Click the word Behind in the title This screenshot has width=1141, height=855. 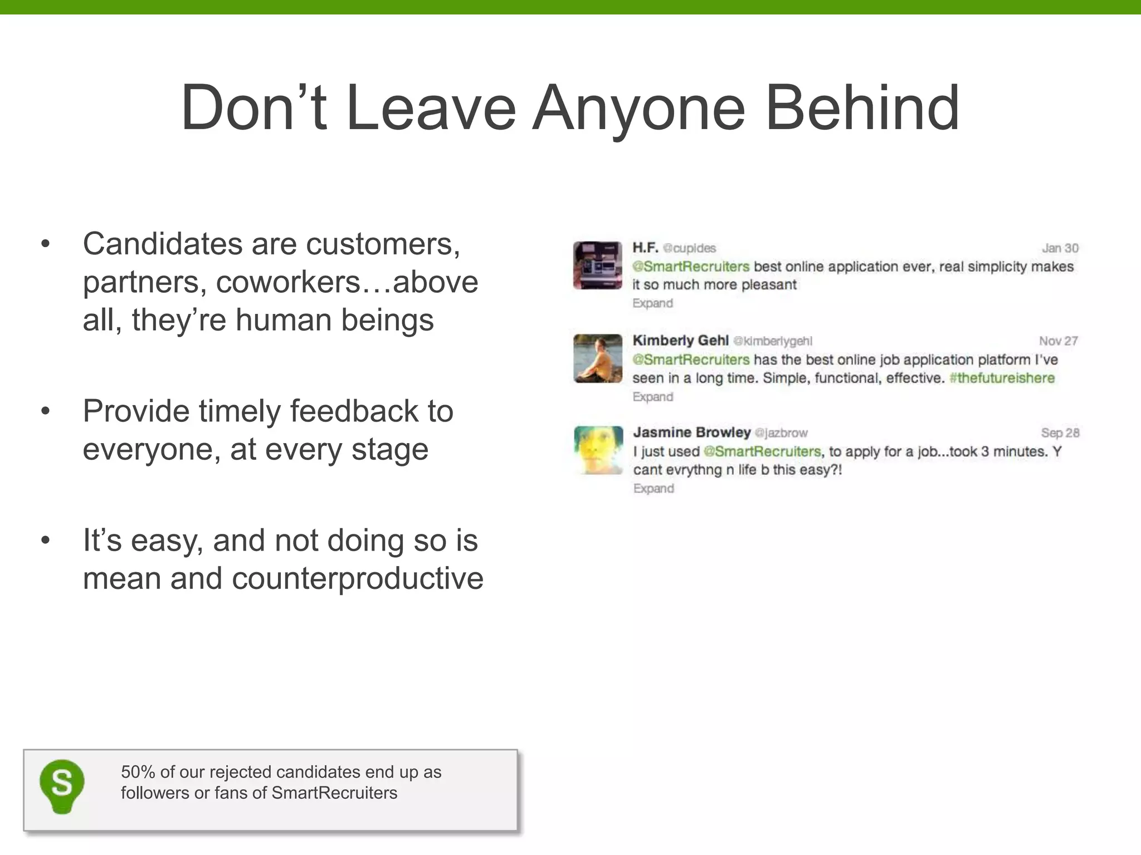tap(862, 107)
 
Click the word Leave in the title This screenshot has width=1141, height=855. tap(431, 107)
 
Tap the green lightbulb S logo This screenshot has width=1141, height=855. tap(62, 786)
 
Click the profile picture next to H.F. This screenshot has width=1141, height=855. tap(597, 266)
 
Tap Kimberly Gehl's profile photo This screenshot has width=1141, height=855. tap(597, 358)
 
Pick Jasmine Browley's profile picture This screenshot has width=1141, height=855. tap(598, 450)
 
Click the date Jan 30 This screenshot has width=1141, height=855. tap(1060, 248)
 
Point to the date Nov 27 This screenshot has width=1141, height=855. tap(1058, 341)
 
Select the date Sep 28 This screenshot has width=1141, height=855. tap(1060, 433)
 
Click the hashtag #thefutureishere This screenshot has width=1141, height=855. tap(1002, 378)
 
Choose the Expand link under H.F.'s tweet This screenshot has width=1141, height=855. tap(652, 303)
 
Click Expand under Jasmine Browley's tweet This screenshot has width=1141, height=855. tap(654, 489)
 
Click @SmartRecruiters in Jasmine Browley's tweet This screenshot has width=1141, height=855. tap(762, 451)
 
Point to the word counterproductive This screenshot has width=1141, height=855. tap(357, 578)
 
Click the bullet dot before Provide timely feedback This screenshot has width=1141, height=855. tap(46, 411)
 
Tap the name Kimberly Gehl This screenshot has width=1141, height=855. tap(680, 340)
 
